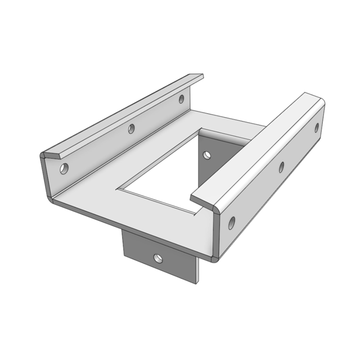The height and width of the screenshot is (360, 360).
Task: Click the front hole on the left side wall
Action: pos(64,168)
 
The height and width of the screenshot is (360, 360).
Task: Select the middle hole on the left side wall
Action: pos(131,129)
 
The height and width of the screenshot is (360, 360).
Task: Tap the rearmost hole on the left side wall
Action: pos(181,100)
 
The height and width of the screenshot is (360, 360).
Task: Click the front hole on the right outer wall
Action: pos(231,223)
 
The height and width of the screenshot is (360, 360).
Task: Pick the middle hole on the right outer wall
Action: pos(281,166)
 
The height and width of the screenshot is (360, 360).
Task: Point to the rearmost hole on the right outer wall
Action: pos(316,128)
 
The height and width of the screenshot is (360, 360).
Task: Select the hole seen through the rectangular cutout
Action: pos(206,154)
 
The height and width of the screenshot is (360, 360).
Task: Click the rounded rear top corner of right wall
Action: pos(321,100)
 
